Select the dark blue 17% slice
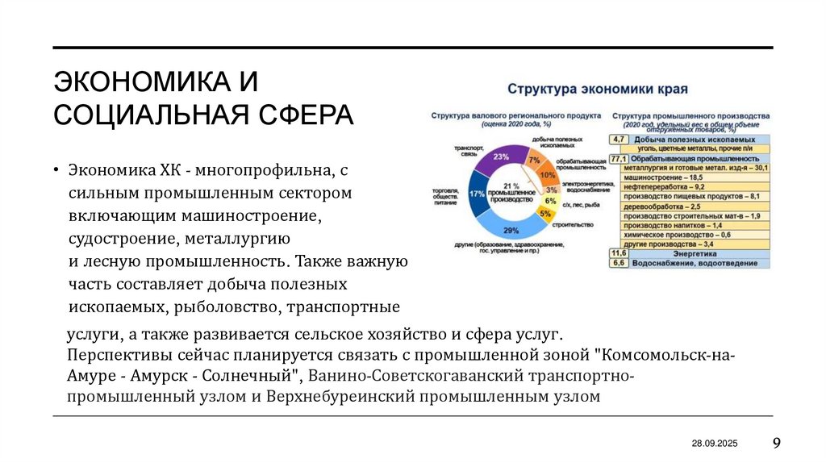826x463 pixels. pos(476,194)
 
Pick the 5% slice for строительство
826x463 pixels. pos(545,214)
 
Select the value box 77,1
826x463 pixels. pos(619,159)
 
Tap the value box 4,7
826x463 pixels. pos(619,140)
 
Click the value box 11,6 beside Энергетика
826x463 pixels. pos(619,253)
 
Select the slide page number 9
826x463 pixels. pos(776,443)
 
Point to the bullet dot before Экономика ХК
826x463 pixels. pos(58,170)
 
